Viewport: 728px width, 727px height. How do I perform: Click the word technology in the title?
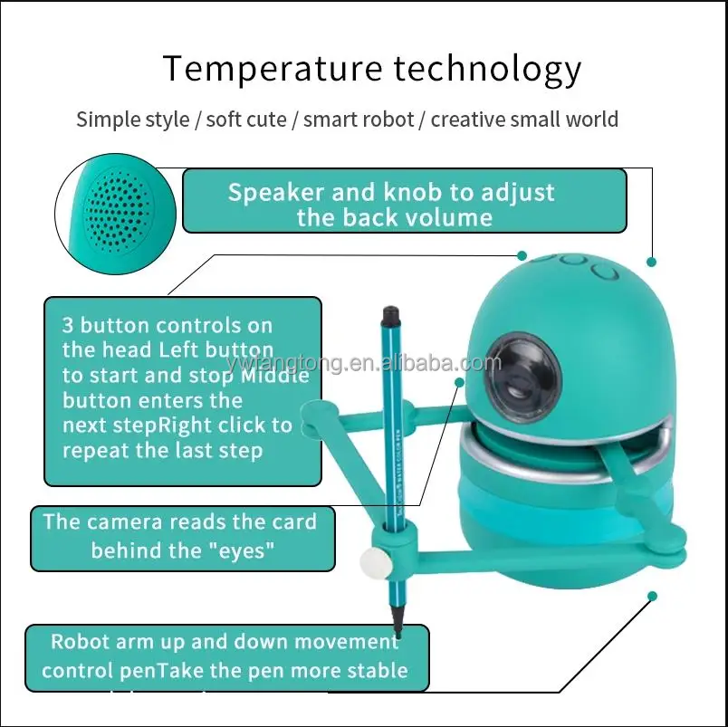(x=483, y=70)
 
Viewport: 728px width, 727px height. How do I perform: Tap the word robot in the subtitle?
(x=382, y=120)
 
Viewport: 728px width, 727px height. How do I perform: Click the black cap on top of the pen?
(x=390, y=316)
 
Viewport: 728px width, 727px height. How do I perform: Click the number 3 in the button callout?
(x=68, y=325)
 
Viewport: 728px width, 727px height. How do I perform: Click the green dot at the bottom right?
(x=650, y=596)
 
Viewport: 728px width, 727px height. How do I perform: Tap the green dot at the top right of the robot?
(x=650, y=262)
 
